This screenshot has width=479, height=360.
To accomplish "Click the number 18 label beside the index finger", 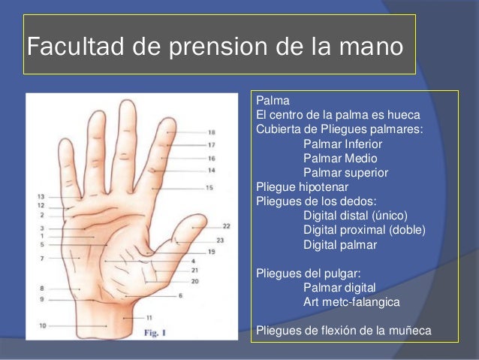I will [212, 132].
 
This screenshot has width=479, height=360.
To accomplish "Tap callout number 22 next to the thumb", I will [226, 225].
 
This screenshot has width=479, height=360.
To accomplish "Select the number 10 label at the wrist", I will [43, 325].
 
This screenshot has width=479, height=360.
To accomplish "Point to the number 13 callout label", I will [41, 196].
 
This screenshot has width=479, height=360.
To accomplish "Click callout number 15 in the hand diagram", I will [209, 187].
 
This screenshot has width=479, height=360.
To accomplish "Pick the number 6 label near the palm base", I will [180, 295].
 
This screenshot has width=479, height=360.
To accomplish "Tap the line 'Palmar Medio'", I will [340, 159].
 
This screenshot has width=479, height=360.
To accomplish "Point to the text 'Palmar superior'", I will [345, 173].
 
